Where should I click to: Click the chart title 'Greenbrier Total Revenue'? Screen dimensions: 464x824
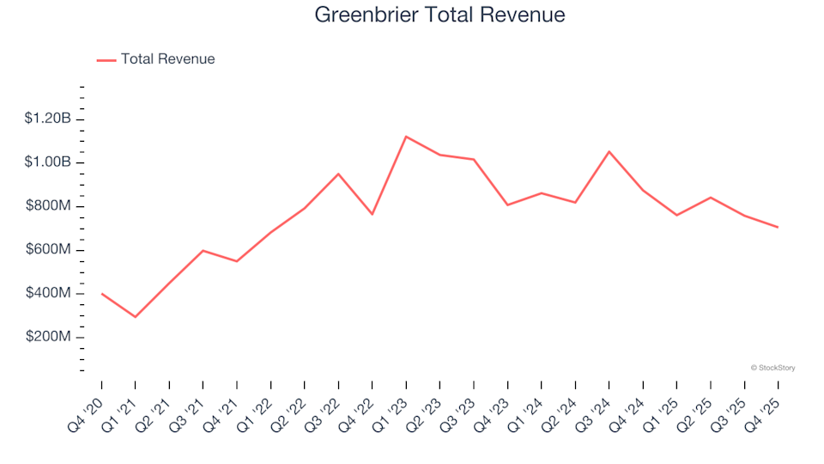coord(439,15)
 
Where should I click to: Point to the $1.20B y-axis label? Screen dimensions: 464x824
coord(48,119)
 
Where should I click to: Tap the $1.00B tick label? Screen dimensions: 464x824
coord(48,162)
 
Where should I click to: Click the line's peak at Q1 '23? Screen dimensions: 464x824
coord(406,137)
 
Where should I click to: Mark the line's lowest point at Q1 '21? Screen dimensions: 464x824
coord(136,317)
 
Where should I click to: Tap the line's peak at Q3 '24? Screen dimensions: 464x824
coord(609,151)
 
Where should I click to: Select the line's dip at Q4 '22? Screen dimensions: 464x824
coord(373,214)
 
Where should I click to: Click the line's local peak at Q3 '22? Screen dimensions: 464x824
coord(338,174)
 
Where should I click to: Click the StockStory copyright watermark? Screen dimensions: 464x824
coord(772,368)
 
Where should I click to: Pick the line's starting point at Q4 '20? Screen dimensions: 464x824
coord(101,293)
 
